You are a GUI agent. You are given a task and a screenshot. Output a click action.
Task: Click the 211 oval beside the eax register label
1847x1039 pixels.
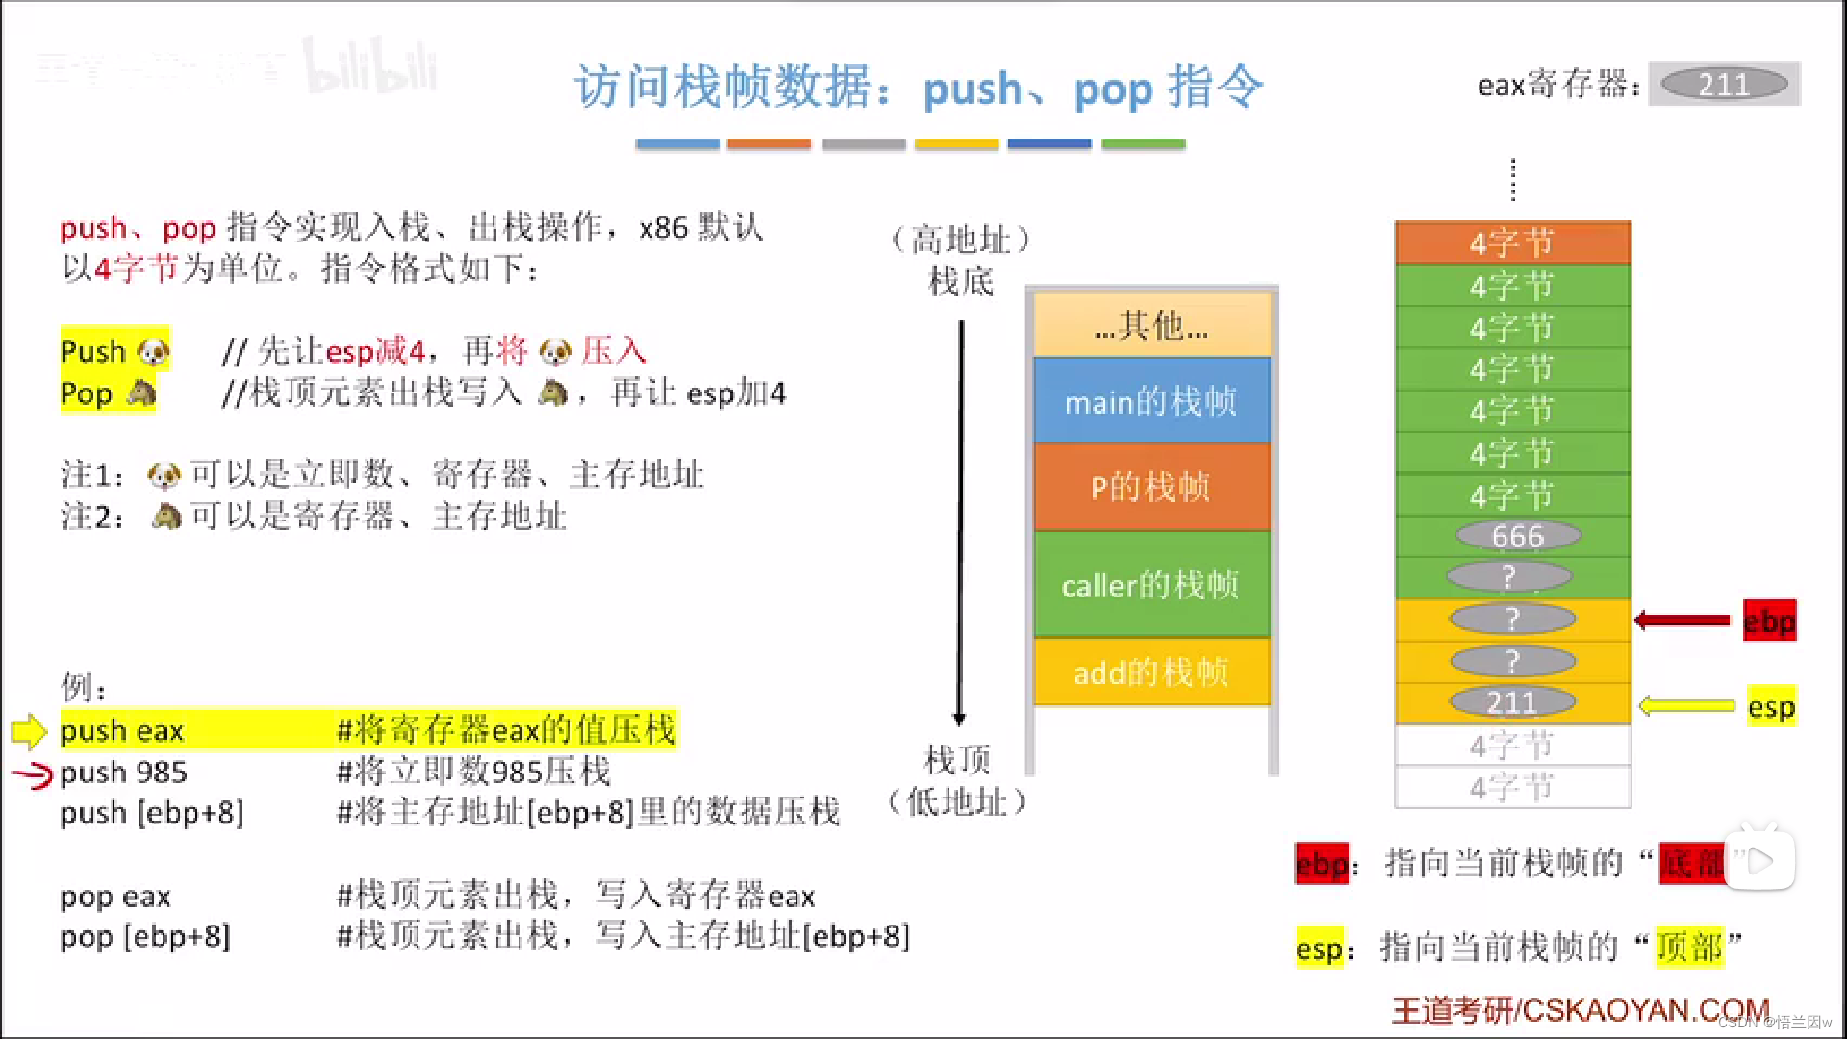(1724, 85)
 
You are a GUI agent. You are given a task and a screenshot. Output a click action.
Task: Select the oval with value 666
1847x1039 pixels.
(1517, 536)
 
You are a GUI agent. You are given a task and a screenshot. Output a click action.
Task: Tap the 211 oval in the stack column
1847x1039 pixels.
(1511, 702)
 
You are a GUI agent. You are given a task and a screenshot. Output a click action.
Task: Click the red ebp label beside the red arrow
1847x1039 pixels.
(1769, 621)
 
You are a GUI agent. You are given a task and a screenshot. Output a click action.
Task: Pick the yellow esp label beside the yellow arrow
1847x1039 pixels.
(1771, 707)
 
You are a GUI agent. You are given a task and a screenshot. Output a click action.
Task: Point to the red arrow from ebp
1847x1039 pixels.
(1683, 621)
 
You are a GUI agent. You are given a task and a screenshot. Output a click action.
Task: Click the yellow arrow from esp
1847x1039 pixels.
(1686, 706)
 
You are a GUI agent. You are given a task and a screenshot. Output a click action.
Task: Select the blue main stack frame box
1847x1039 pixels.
(1151, 401)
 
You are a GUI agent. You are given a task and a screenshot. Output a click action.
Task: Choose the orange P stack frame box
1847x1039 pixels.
(1151, 487)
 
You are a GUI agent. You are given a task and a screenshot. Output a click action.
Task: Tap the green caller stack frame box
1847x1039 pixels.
(1151, 584)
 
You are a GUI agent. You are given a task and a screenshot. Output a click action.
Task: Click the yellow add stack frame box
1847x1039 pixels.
(1151, 672)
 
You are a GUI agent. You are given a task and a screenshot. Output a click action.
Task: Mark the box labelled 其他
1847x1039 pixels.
(1151, 326)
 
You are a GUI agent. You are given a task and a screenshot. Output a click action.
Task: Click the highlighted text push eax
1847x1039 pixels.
(122, 730)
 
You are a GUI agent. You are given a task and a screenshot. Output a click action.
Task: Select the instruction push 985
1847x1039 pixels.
(124, 772)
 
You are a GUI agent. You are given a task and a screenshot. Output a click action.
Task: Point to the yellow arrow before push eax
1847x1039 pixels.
(29, 731)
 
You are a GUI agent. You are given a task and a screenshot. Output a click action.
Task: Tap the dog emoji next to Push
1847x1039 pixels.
(153, 352)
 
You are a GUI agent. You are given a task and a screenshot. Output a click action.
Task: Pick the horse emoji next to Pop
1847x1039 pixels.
(140, 393)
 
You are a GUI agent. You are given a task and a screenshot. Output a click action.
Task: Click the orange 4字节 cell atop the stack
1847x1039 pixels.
(1511, 242)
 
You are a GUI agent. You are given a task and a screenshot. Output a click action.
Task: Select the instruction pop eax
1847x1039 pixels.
(115, 897)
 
